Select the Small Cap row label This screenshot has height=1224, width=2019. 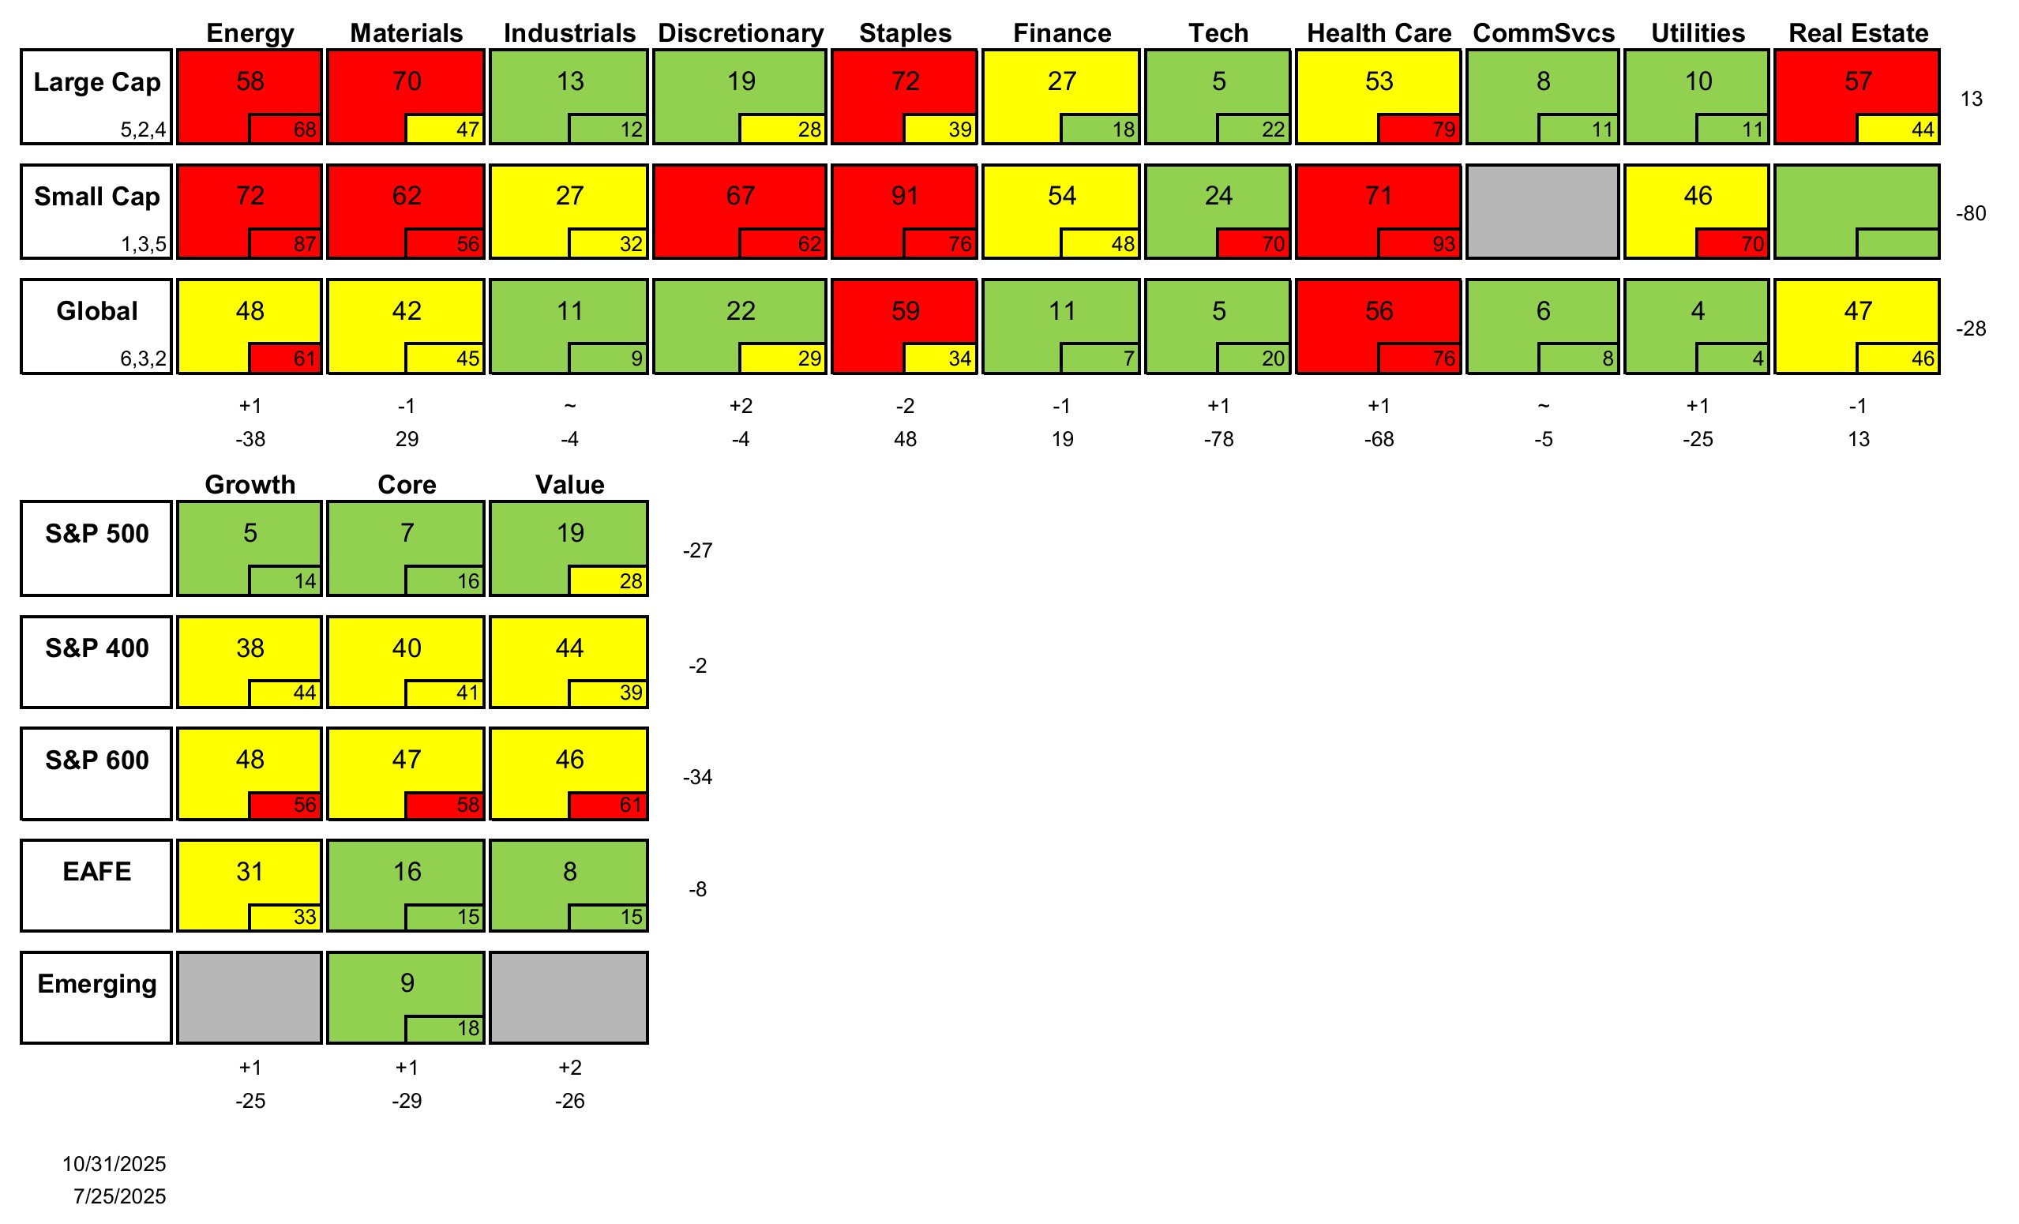(x=96, y=197)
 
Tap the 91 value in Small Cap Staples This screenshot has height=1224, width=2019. (x=905, y=196)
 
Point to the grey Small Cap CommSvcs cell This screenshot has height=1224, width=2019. (x=1542, y=212)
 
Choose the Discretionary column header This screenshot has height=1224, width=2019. (x=741, y=32)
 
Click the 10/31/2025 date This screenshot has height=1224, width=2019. (x=114, y=1163)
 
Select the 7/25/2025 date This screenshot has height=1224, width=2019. (x=120, y=1196)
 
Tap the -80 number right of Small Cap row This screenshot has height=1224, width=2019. (x=1971, y=214)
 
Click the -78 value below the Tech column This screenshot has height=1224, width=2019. (x=1218, y=439)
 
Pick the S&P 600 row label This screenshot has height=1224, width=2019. (x=96, y=760)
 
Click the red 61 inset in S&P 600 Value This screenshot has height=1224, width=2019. (x=630, y=805)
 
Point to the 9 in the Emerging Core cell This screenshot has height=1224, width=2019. (x=407, y=982)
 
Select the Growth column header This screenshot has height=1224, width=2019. (x=250, y=484)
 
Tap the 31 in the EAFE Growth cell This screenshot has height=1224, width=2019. (x=250, y=871)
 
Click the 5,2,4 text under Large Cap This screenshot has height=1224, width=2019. (x=144, y=130)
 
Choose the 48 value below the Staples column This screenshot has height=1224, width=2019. (x=905, y=439)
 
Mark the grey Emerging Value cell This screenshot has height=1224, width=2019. (x=569, y=997)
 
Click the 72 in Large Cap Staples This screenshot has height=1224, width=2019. (x=905, y=81)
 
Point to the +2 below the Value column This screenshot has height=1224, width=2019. (x=569, y=1068)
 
